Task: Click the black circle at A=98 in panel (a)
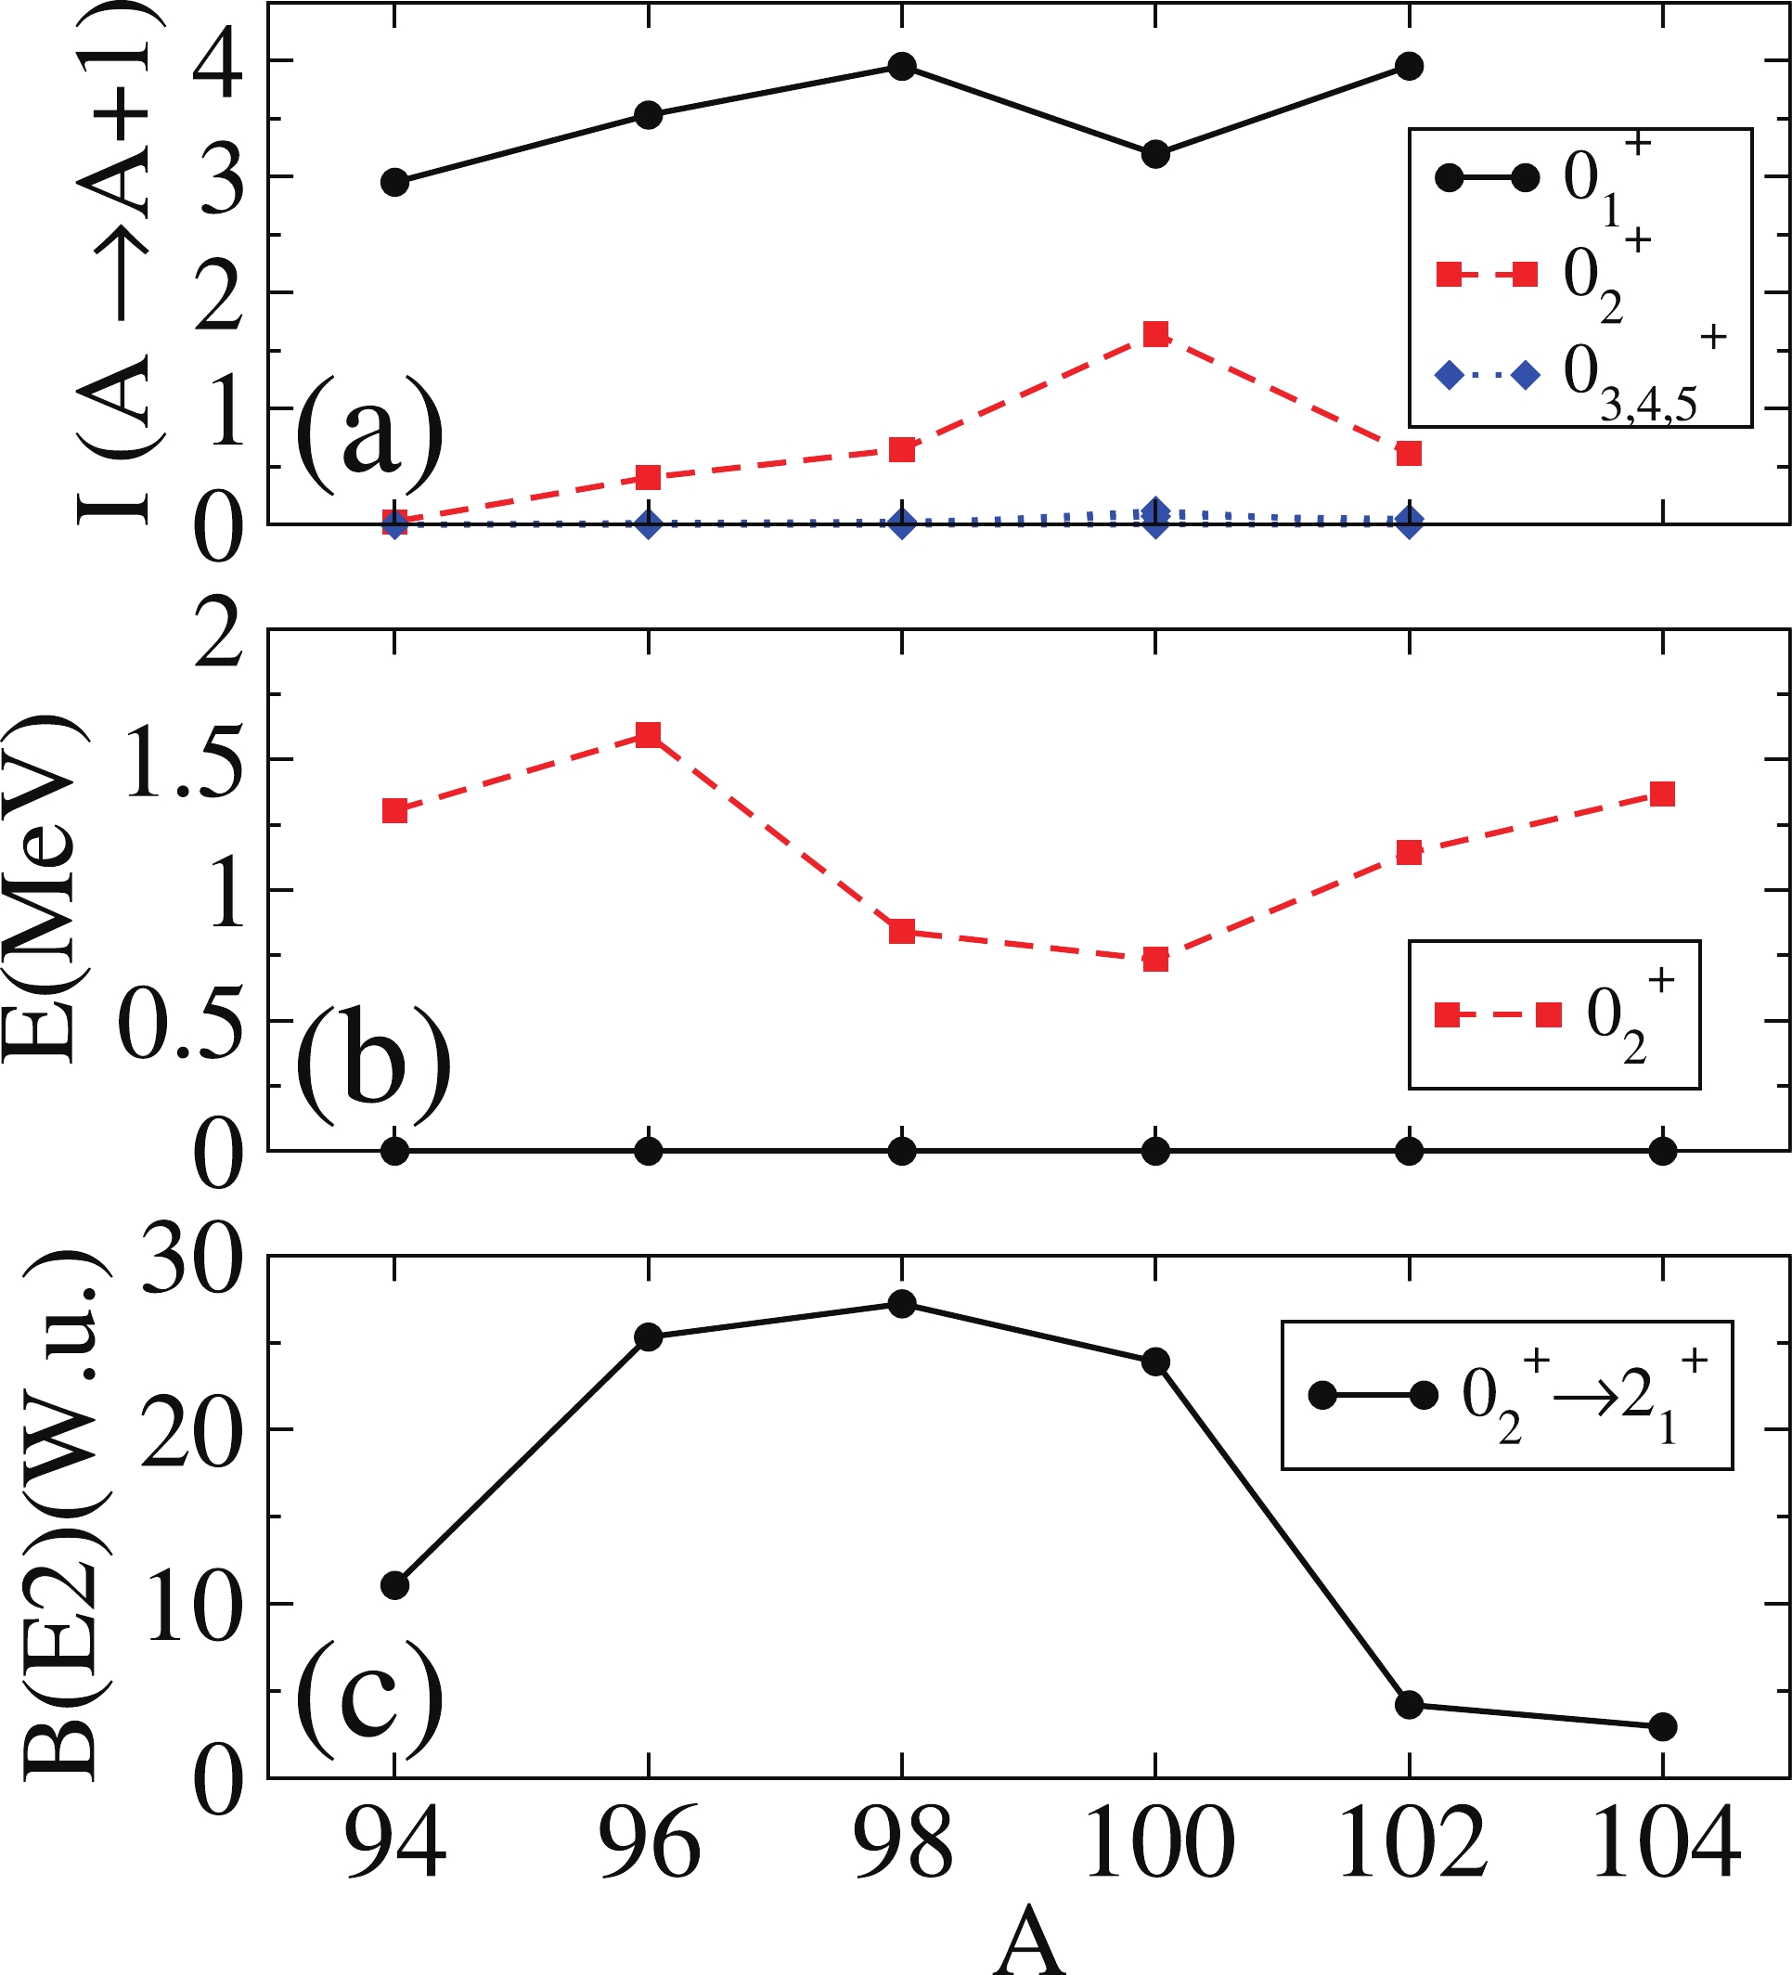[901, 67]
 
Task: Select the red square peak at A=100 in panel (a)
[1155, 334]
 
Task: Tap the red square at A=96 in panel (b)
[648, 734]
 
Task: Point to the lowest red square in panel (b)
[1155, 958]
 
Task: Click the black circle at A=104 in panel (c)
[1662, 1726]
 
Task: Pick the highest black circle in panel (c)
[901, 1304]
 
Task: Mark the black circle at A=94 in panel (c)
[394, 1585]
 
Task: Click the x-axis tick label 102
[1410, 1845]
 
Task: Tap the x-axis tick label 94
[394, 1845]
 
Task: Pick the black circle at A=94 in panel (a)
[394, 182]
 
